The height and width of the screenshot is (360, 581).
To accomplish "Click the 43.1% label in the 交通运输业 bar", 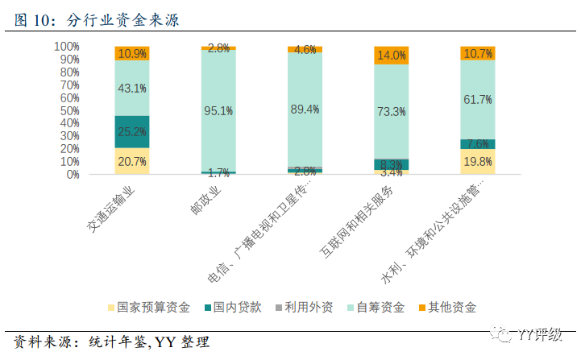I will tap(132, 88).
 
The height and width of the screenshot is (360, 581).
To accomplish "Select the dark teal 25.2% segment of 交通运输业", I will tap(132, 131).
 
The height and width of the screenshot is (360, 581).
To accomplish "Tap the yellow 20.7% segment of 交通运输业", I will tap(132, 161).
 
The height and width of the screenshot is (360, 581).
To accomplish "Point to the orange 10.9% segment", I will tap(132, 53).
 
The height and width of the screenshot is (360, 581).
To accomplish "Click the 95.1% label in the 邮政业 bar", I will tap(218, 111).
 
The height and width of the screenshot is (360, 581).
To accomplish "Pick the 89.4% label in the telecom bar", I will tap(305, 109).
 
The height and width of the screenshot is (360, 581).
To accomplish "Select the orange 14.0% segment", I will tap(392, 56).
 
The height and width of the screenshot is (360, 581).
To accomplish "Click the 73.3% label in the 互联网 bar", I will tap(392, 111).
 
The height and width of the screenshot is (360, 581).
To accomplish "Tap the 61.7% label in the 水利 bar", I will tap(478, 99).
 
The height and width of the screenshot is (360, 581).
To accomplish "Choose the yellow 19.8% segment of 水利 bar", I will tap(478, 161).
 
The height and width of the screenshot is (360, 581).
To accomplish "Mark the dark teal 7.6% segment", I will tap(478, 144).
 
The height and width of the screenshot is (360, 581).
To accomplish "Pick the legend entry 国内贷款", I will tap(238, 307).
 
